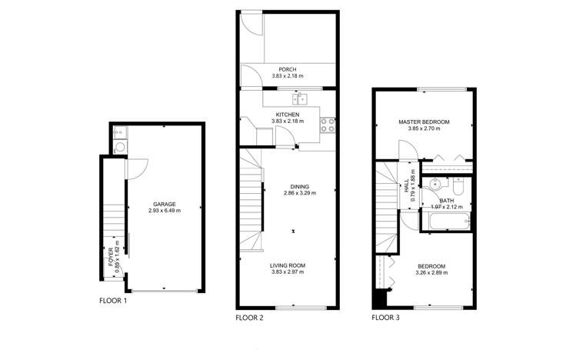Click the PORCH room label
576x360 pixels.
tap(288, 69)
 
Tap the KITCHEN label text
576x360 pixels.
tap(288, 115)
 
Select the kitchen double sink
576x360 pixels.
tap(302, 98)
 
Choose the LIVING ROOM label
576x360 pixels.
tap(288, 265)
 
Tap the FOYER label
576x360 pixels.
tap(112, 255)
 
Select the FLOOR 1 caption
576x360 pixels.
tap(113, 300)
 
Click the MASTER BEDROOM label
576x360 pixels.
tap(424, 122)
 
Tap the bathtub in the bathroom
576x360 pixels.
tap(448, 223)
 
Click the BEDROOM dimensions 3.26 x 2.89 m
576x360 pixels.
tap(430, 273)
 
